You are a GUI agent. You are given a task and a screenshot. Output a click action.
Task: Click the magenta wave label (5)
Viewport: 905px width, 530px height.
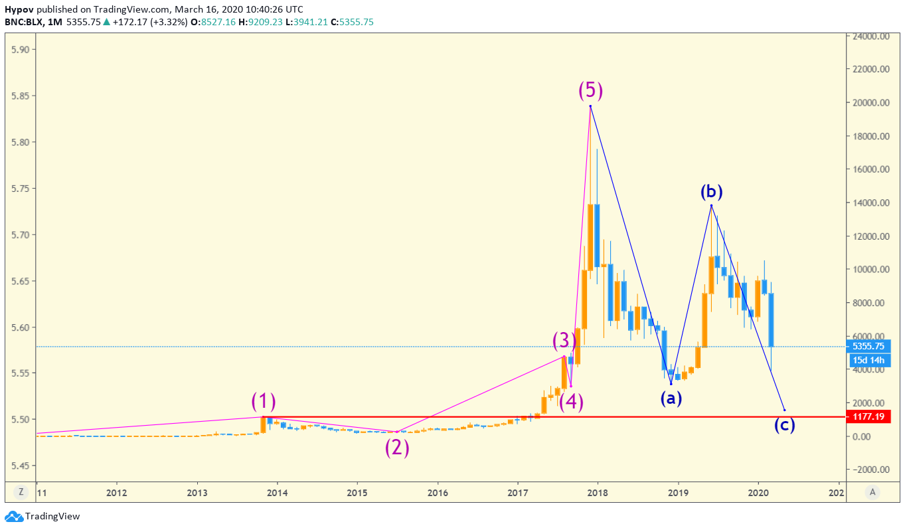590,90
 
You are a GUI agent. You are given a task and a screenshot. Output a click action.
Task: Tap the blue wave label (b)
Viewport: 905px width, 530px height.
711,192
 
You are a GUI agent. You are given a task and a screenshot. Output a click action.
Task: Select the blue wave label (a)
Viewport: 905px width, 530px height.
671,398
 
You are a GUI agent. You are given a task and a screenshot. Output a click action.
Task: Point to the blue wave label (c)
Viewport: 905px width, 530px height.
784,424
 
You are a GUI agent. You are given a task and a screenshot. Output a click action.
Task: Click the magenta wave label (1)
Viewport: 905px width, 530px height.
264,401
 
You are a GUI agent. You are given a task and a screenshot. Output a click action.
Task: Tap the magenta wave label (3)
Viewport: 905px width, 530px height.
564,341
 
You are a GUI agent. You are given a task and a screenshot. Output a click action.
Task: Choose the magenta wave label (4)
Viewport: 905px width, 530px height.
571,402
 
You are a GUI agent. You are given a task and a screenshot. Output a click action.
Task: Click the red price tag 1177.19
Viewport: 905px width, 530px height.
870,416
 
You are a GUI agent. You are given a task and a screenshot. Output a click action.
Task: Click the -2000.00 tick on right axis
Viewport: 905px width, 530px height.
869,470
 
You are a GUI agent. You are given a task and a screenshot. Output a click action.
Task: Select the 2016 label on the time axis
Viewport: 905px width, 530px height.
438,493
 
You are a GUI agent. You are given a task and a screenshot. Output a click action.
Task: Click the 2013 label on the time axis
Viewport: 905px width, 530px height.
197,493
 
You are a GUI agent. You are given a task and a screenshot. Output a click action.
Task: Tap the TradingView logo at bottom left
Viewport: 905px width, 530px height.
42,517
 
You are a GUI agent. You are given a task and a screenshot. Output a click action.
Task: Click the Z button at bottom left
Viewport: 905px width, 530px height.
21,492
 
